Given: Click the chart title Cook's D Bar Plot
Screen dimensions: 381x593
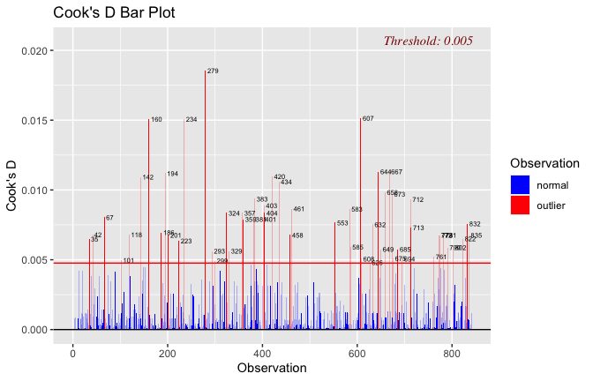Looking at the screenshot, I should (114, 13).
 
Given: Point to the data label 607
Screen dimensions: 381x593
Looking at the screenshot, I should (368, 119).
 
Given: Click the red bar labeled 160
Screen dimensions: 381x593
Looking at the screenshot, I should (148, 220).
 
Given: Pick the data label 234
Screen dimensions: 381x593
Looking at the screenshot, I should (191, 120).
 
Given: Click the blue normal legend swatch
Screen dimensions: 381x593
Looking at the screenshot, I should (521, 185).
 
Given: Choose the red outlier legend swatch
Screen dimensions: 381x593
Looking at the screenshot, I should (521, 205).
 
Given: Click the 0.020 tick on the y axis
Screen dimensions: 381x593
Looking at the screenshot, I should (34, 51).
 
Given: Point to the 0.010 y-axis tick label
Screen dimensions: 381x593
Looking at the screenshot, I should (34, 190).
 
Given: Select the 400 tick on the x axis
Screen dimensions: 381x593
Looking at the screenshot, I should (262, 353).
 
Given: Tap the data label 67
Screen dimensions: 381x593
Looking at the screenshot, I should (109, 218).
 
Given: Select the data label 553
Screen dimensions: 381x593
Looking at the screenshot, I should (342, 224).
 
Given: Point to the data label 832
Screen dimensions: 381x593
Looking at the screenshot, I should (475, 225).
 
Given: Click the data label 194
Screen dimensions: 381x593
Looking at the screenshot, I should (173, 174).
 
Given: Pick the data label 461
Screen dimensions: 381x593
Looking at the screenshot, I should (299, 210).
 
